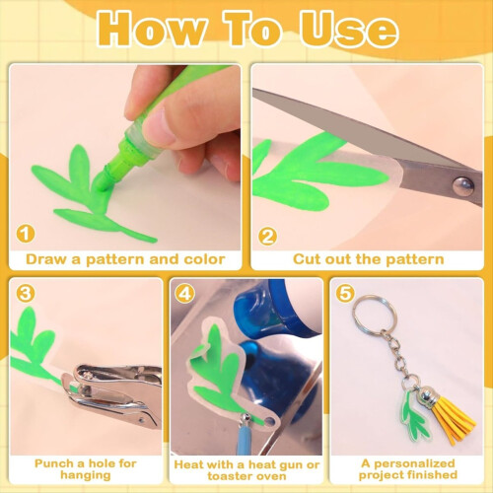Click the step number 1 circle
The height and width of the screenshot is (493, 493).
[x=26, y=234]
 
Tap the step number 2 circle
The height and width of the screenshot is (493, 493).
[x=267, y=236]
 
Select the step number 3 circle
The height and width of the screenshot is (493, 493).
[x=26, y=293]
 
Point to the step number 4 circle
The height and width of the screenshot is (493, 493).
[x=184, y=294]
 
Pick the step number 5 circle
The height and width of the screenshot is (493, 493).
[x=345, y=293]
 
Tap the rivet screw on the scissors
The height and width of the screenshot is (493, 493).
[x=462, y=186]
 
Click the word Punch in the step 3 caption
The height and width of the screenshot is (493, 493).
[x=54, y=463]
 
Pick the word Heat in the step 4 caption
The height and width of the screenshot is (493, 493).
[x=186, y=464]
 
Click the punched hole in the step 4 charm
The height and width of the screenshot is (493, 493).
[x=270, y=421]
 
